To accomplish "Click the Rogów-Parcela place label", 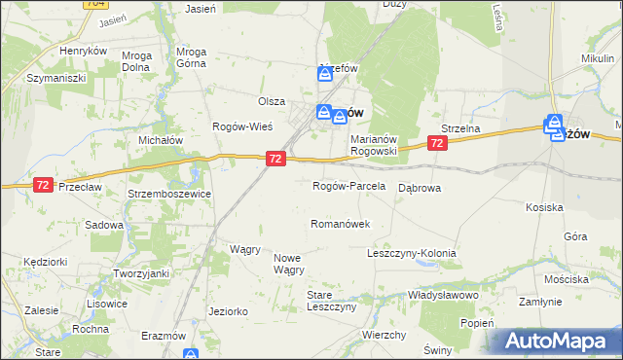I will click(348, 186).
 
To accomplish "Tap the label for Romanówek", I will click(340, 224).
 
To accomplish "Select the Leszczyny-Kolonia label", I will click(411, 253).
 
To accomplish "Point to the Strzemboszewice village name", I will click(170, 194).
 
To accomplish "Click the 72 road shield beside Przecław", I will click(42, 185).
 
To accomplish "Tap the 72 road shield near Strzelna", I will click(437, 143).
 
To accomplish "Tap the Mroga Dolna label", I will click(136, 62).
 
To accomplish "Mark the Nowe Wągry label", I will click(288, 264).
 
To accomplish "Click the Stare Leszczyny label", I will click(332, 300).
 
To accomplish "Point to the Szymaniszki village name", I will click(57, 77).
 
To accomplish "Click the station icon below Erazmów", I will click(190, 354).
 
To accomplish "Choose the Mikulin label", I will click(597, 58).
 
